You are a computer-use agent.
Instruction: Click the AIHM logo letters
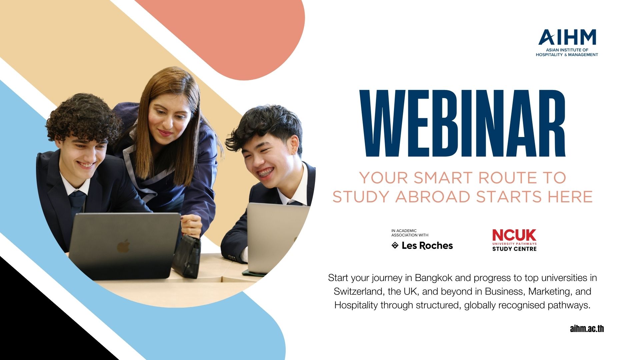pyautogui.click(x=567, y=37)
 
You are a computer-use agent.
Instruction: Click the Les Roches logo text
pyautogui.click(x=427, y=246)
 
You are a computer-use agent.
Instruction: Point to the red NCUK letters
pyautogui.click(x=514, y=235)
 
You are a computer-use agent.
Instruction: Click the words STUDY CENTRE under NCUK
pyautogui.click(x=514, y=249)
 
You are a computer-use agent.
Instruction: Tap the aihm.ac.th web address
pyautogui.click(x=587, y=329)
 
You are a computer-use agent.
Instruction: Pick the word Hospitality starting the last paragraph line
pyautogui.click(x=356, y=305)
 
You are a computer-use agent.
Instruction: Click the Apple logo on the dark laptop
pyautogui.click(x=123, y=246)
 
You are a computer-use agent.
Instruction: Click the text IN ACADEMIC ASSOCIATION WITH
pyautogui.click(x=409, y=233)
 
